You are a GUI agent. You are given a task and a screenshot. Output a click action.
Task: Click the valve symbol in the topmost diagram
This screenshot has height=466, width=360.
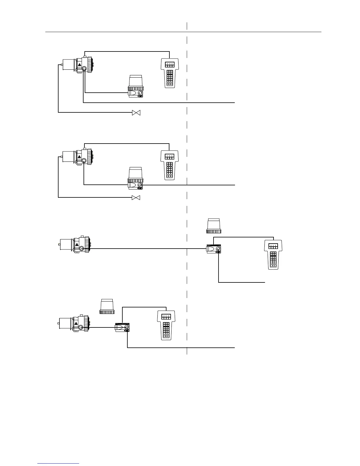coord(136,113)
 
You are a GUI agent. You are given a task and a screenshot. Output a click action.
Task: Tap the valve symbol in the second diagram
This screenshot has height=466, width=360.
coord(136,197)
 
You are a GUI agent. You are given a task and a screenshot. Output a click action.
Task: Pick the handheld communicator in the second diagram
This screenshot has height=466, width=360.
coord(169,165)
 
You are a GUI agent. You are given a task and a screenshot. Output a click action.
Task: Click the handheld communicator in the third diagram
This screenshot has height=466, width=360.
coord(274,254)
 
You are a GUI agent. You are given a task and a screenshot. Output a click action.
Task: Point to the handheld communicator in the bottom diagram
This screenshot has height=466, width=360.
coord(166,325)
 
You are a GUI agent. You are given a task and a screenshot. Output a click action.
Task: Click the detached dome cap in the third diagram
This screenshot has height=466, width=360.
coord(214,226)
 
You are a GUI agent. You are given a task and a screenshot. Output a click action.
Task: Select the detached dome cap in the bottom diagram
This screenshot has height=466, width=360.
coord(107,307)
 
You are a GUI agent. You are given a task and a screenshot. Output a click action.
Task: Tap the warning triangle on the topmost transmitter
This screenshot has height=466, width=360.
coord(79,65)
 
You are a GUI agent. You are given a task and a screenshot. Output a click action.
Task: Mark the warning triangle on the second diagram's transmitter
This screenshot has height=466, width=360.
coord(79,157)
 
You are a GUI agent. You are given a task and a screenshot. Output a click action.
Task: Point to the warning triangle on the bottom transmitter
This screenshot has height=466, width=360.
coord(76,324)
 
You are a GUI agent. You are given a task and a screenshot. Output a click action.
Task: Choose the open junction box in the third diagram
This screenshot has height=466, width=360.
coord(214,249)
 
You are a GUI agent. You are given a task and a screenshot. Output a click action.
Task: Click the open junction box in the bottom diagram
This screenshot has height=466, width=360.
coord(122,327)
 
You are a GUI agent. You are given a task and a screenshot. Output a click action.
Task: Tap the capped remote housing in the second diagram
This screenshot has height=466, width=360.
coord(136,178)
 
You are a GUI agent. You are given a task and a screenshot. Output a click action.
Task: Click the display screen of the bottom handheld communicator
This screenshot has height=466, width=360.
coord(166,317)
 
